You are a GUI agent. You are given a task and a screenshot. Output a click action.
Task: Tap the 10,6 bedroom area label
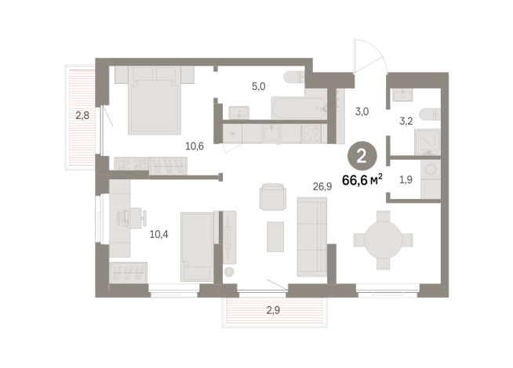195,145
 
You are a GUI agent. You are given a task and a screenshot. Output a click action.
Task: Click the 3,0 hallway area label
362,112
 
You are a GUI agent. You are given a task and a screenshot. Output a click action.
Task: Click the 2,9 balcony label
272,311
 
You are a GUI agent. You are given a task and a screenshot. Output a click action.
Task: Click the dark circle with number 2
361,157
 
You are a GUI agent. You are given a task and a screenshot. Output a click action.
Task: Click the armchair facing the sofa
272,196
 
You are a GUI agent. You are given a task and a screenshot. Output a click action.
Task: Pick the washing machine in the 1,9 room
428,173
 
